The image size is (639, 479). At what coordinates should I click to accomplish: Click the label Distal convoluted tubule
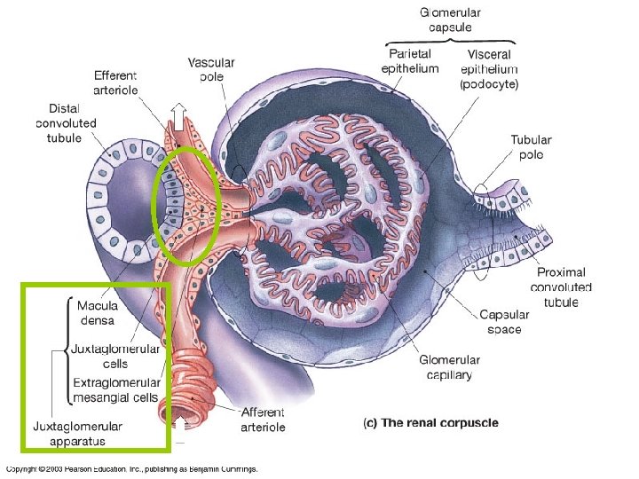[x=66, y=123]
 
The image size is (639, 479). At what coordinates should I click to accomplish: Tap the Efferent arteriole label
[x=116, y=82]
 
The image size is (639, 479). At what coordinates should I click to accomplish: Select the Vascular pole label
[x=211, y=69]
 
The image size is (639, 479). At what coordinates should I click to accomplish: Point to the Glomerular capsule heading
[x=451, y=20]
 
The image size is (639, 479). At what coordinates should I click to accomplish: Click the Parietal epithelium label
[x=409, y=61]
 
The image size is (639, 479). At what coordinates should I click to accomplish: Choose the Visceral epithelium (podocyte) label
[x=489, y=69]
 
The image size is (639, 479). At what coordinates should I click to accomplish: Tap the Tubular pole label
[x=531, y=147]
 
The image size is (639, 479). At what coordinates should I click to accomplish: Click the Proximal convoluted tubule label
[x=561, y=287]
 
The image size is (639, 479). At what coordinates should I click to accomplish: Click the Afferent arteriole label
[x=263, y=420]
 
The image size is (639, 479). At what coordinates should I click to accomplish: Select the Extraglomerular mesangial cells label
[x=115, y=389]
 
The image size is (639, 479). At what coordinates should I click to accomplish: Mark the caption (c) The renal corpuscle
[x=430, y=423]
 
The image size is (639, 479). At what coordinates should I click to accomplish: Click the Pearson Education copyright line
[x=131, y=468]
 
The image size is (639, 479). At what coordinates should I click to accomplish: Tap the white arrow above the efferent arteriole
[x=177, y=114]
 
